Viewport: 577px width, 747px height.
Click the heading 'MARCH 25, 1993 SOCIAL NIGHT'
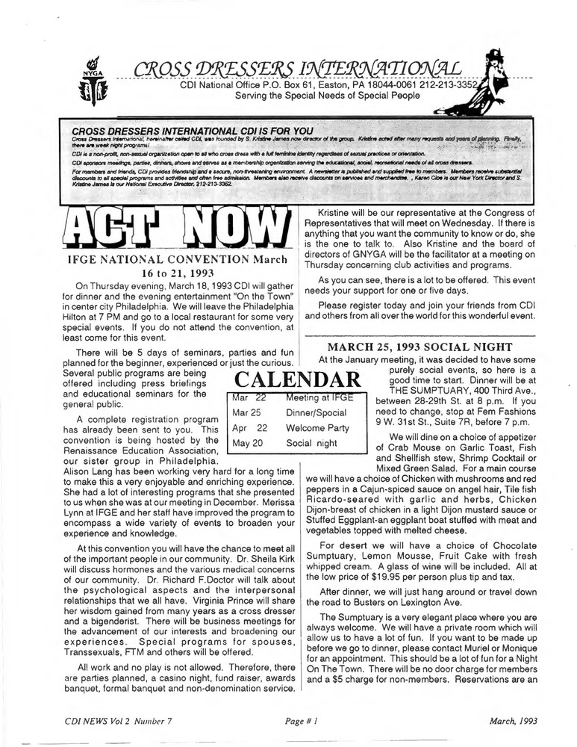point(420,347)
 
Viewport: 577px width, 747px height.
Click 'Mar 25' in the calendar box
point(245,412)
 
